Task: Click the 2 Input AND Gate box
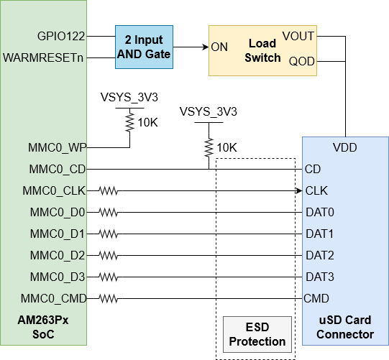[x=145, y=47]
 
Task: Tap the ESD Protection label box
[x=257, y=334]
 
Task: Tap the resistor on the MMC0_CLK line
[x=109, y=191]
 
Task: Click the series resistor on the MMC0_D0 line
[x=109, y=213]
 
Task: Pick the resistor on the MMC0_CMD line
[x=109, y=298]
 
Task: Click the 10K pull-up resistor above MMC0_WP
[x=130, y=123]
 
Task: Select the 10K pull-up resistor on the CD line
[x=209, y=147]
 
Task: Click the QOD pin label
[x=302, y=61]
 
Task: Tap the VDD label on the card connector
[x=346, y=148]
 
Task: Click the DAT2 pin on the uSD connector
[x=319, y=255]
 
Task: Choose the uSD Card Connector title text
[x=346, y=328]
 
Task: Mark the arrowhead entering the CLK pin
[x=298, y=191]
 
